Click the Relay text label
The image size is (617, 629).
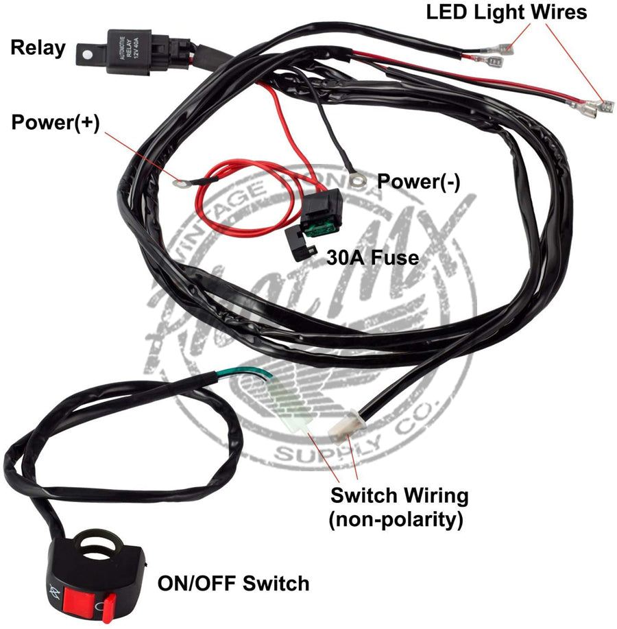(x=38, y=47)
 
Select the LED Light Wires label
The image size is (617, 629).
(x=506, y=12)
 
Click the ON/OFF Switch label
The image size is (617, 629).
(x=233, y=584)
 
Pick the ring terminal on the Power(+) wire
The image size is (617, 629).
(x=180, y=182)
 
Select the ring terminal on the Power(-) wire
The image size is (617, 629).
(x=356, y=180)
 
